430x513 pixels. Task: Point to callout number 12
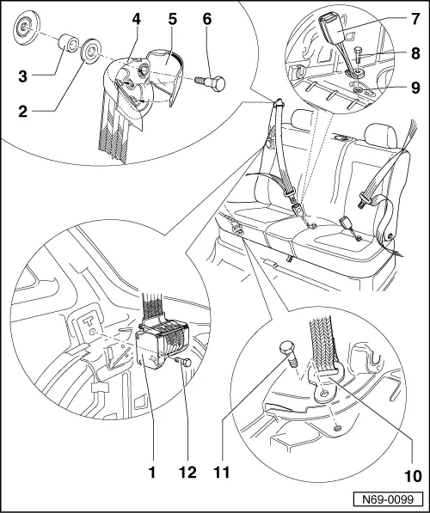click(x=187, y=473)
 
